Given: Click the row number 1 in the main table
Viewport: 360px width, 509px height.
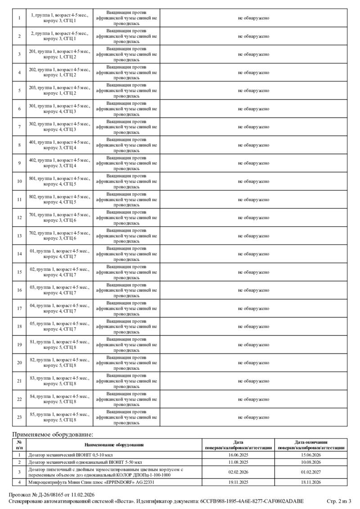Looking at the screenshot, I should (19, 18).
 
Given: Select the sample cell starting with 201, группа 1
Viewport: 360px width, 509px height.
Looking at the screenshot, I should (59, 54).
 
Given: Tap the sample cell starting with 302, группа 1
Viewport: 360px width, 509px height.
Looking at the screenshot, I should (59, 127).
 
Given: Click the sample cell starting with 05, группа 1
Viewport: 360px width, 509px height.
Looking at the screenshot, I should (59, 326).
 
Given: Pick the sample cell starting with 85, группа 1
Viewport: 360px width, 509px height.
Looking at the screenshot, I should (59, 417).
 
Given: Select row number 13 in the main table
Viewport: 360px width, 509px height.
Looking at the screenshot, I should (19, 236).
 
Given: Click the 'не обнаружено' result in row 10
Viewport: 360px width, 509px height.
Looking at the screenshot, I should (253, 181).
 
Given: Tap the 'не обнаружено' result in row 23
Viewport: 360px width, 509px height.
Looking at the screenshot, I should (253, 417).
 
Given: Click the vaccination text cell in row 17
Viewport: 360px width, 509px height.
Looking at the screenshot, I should (126, 308).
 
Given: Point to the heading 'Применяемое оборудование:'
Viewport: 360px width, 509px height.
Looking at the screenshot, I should (53, 434).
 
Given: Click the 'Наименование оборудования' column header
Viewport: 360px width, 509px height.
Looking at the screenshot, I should (114, 445).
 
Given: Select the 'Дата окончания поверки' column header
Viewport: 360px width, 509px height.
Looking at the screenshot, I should (311, 445).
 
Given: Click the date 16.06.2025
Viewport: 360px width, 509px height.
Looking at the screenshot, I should (238, 455).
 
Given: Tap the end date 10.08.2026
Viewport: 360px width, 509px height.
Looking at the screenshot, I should (311, 462).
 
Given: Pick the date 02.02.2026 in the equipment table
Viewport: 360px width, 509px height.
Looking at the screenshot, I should (238, 472).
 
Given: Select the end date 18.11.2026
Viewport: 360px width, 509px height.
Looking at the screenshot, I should (311, 482).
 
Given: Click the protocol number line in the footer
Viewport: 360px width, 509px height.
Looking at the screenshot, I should (52, 495).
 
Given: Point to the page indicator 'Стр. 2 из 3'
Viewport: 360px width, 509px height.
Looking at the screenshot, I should (338, 501).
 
